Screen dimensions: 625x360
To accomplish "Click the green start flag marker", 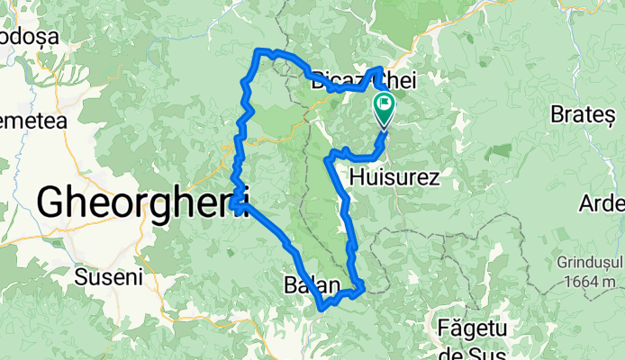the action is (384, 107).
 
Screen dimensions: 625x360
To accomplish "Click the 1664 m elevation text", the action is (587, 281).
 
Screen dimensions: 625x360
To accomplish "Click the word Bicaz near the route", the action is (335, 82).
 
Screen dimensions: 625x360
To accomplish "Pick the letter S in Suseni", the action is (81, 276).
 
